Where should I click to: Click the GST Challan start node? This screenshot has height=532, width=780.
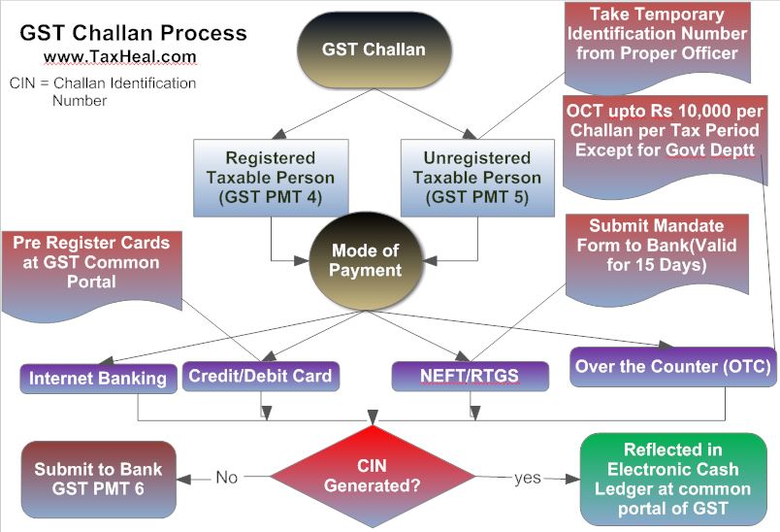point(387,50)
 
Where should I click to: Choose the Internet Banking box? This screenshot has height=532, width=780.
point(97,378)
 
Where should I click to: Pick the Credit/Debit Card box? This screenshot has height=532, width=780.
point(260,375)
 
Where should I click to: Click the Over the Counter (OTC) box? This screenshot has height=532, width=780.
point(672,366)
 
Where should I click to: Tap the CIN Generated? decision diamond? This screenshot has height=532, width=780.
point(373,477)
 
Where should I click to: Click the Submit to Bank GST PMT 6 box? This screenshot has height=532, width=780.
point(98,479)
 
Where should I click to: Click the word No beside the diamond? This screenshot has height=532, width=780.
point(226,478)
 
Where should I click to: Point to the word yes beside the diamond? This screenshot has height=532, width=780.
point(527,478)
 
